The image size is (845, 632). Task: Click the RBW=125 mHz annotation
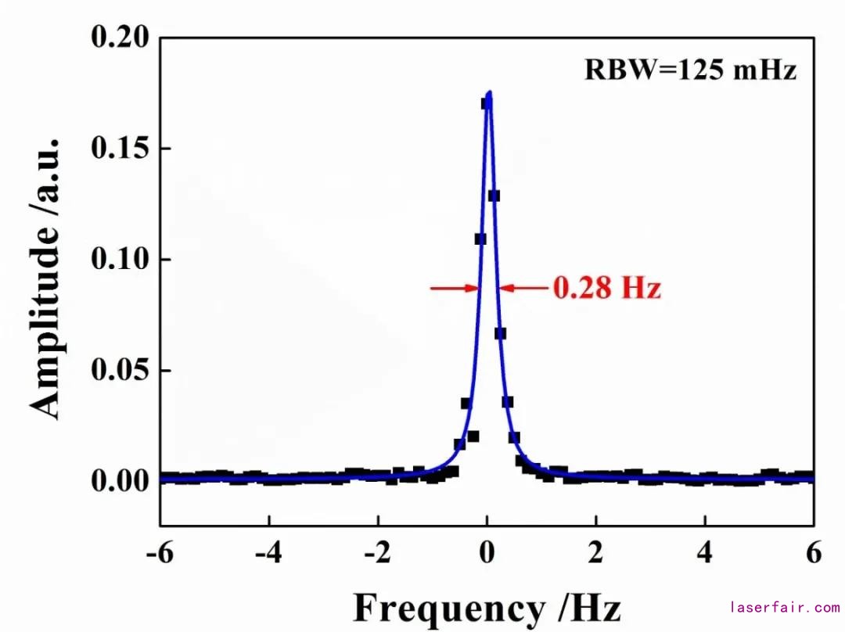(690, 70)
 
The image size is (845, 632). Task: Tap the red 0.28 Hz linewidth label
(607, 289)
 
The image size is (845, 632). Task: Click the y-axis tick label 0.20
(120, 38)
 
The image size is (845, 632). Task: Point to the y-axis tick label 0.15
(120, 149)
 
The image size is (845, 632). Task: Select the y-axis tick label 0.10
(120, 259)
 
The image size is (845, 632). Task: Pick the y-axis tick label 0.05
(120, 369)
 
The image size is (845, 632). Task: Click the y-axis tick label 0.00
(120, 479)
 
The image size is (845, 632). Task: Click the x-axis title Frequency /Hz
(487, 607)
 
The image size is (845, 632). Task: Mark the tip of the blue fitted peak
(489, 92)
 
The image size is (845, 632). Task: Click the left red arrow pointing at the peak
(455, 289)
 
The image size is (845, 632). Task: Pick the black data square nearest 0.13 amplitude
(494, 196)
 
